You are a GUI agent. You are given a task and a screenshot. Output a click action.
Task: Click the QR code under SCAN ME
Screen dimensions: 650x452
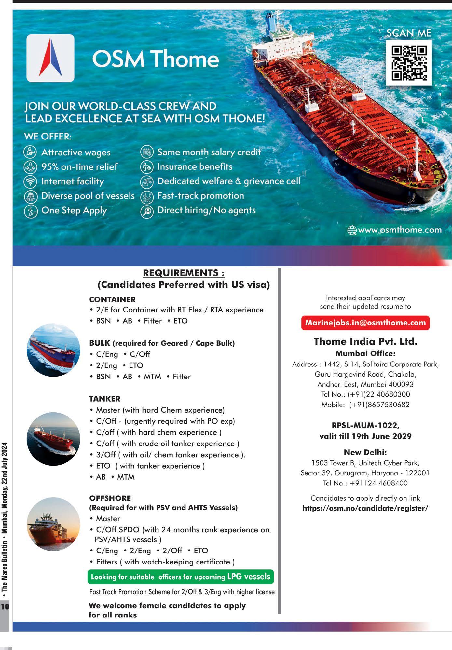[409, 63]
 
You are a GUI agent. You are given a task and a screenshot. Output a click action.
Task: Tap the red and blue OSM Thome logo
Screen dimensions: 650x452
[50, 58]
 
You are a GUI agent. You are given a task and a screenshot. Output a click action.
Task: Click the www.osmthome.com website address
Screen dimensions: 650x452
[399, 230]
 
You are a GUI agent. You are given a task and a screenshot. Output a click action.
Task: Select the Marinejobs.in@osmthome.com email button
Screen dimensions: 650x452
[365, 323]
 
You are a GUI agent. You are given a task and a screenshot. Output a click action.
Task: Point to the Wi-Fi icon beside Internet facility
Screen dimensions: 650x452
[30, 181]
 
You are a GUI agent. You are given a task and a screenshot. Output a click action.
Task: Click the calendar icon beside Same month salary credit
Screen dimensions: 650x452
[147, 152]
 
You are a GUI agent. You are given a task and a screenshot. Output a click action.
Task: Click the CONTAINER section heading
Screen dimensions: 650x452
[112, 299]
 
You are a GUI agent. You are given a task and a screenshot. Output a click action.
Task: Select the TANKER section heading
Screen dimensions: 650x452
[105, 399]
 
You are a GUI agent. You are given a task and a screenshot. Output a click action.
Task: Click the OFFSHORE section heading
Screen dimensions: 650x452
[110, 498]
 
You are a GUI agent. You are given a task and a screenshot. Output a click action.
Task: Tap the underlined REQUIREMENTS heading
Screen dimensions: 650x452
[184, 273]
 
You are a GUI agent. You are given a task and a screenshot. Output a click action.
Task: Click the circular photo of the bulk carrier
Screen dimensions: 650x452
[53, 350]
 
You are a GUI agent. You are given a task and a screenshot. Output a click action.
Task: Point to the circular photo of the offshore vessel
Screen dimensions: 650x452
[53, 524]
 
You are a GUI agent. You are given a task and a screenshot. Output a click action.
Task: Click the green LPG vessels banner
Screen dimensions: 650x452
[181, 577]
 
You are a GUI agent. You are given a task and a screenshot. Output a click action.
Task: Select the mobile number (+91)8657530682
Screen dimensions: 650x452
[379, 405]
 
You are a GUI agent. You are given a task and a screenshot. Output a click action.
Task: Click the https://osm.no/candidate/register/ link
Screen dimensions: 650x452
[365, 508]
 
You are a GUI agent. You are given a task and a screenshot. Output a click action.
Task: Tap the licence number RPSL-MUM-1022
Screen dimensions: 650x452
[365, 425]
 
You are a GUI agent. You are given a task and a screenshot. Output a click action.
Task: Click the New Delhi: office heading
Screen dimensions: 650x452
[365, 452]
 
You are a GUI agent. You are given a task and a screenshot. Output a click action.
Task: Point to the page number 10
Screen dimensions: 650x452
[5, 606]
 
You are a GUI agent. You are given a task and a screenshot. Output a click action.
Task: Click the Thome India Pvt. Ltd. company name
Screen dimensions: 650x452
[365, 341]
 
